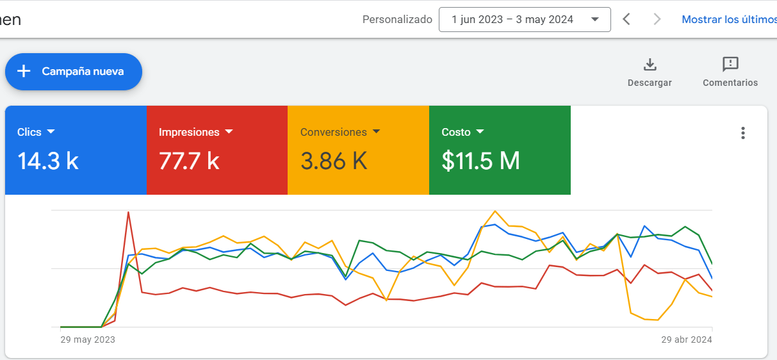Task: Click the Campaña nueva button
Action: [74, 72]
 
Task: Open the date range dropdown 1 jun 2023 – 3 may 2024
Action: [525, 19]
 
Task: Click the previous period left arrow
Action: [626, 19]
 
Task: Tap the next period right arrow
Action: [657, 19]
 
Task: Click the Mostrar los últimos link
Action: [729, 19]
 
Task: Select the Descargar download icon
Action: [650, 65]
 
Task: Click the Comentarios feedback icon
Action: [730, 64]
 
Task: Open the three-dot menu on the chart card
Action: [743, 133]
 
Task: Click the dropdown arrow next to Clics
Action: [51, 131]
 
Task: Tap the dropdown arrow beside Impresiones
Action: [229, 131]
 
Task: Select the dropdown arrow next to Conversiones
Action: [377, 131]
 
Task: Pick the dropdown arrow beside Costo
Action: [480, 131]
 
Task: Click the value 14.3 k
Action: [48, 161]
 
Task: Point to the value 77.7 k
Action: [189, 161]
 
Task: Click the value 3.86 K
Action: [334, 161]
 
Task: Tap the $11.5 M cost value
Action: [481, 161]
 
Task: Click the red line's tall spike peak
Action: [128, 212]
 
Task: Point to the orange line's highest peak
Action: [495, 211]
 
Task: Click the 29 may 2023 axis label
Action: [88, 340]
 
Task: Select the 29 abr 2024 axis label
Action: [687, 340]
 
